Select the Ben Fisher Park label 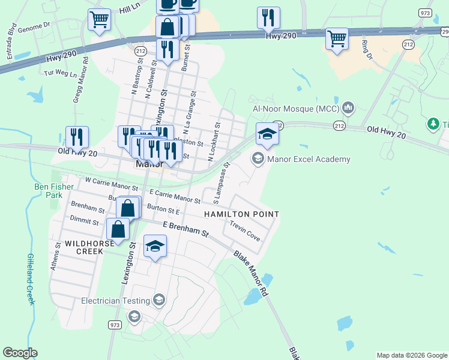(53, 191)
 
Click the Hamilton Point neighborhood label (241, 214)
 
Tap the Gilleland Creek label (29, 278)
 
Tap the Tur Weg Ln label (61, 74)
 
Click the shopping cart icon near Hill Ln (99, 19)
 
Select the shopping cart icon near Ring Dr (337, 40)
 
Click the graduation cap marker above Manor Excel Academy (267, 134)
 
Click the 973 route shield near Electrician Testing (115, 325)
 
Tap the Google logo (20, 353)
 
